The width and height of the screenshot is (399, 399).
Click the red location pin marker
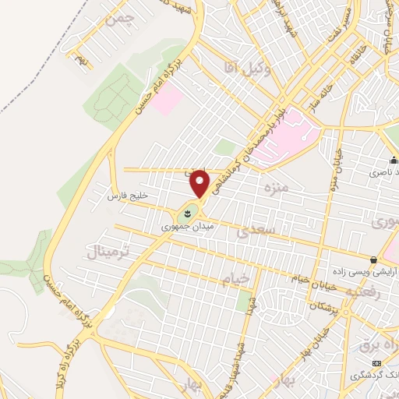[x=201, y=182]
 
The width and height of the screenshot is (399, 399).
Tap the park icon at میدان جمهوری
[x=188, y=212]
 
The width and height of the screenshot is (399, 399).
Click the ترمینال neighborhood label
[x=107, y=251]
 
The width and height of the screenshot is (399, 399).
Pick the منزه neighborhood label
[x=276, y=189]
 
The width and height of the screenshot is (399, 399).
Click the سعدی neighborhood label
[x=256, y=231]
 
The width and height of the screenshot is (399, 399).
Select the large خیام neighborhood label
[x=237, y=277]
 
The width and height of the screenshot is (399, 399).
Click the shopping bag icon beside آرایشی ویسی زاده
[x=374, y=260]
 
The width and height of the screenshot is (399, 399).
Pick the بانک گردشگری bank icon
[x=377, y=363]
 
